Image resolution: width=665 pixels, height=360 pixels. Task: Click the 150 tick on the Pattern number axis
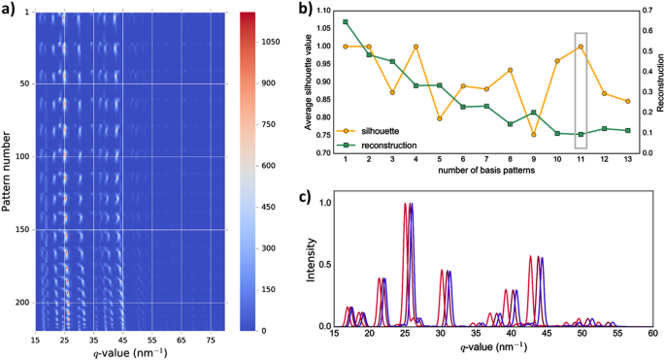coord(20,230)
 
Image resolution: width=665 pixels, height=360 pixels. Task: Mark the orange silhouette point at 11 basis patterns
coord(581,47)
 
